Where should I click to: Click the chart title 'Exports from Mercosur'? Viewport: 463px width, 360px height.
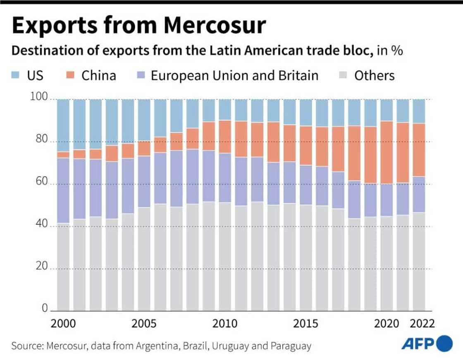[138, 26]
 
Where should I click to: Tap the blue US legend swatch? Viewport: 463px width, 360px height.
[16, 75]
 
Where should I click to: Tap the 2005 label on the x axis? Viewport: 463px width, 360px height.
[144, 323]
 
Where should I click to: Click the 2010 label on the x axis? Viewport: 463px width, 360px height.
[225, 323]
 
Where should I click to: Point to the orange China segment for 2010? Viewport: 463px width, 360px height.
[225, 137]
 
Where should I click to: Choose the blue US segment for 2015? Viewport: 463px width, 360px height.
[305, 112]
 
